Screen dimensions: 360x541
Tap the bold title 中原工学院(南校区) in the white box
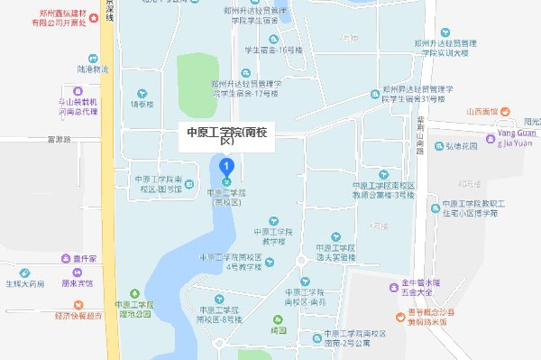[225, 135]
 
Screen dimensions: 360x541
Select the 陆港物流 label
[93, 69]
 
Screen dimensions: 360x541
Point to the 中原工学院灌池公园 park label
[134, 309]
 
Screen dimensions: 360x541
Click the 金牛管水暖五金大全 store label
[417, 291]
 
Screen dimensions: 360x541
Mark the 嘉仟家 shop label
[86, 258]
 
